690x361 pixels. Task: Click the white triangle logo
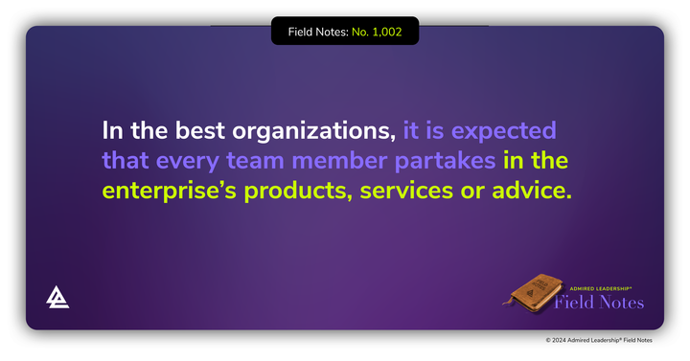(x=57, y=298)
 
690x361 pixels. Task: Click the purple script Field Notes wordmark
(x=600, y=303)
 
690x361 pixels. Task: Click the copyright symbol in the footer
(x=549, y=340)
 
